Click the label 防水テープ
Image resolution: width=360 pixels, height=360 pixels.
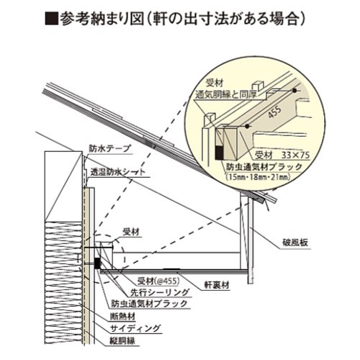110,148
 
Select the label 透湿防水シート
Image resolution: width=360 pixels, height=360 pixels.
118,172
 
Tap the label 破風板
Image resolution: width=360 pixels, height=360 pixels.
295,243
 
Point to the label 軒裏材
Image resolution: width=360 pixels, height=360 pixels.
217,285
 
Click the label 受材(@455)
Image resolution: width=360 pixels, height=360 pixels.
158,281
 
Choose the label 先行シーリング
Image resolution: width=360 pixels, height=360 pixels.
160,292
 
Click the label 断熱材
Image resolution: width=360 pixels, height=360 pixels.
122,317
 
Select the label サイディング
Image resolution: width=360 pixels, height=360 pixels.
135,328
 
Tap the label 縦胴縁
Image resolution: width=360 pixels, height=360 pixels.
122,341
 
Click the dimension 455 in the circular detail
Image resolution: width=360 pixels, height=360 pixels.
274,112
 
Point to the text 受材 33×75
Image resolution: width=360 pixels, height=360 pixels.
282,156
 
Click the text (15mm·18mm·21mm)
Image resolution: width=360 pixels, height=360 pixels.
258,177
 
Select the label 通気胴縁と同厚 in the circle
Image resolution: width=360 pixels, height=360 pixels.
226,94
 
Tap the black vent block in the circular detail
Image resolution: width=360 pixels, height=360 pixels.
220,153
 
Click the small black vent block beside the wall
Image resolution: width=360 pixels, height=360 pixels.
97,264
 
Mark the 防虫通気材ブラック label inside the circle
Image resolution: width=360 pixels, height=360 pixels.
264,167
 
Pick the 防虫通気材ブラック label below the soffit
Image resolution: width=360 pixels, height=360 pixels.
149,304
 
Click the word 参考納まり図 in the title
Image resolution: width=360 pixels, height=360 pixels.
102,19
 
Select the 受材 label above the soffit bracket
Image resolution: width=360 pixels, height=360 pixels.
131,233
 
